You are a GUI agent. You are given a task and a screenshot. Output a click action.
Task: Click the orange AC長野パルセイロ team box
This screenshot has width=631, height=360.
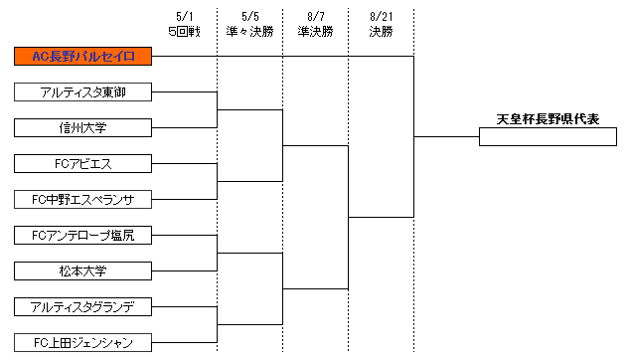pyautogui.click(x=82, y=56)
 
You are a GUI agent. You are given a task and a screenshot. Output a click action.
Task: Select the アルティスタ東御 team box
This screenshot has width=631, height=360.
pyautogui.click(x=82, y=91)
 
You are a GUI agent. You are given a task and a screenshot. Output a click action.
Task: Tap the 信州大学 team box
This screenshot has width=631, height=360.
pyautogui.click(x=82, y=127)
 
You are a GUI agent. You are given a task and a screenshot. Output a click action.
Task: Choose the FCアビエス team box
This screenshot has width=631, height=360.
pyautogui.click(x=82, y=163)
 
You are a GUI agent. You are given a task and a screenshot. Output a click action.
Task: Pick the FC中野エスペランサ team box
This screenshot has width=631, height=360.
pyautogui.click(x=82, y=199)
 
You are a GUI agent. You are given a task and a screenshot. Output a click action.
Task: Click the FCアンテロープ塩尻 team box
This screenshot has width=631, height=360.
pyautogui.click(x=82, y=235)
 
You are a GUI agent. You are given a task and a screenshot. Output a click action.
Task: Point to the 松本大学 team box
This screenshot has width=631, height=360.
pyautogui.click(x=82, y=270)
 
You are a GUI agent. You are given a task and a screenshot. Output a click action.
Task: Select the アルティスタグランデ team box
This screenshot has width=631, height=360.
pyautogui.click(x=82, y=306)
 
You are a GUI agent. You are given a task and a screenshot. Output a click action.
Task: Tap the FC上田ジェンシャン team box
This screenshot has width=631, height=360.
pyautogui.click(x=82, y=342)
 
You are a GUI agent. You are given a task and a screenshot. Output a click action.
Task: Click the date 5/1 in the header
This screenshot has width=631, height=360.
pyautogui.click(x=184, y=17)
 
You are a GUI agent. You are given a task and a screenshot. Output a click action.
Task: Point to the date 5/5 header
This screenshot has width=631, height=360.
pyautogui.click(x=249, y=17)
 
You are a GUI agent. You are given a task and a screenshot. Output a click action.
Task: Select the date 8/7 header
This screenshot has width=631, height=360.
pyautogui.click(x=315, y=17)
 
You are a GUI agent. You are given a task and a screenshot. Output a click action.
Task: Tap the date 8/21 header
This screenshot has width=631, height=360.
pyautogui.click(x=381, y=17)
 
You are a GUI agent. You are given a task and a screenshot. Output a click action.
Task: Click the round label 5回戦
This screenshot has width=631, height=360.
pyautogui.click(x=184, y=31)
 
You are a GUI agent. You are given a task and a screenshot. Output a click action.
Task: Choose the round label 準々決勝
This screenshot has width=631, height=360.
pyautogui.click(x=249, y=31)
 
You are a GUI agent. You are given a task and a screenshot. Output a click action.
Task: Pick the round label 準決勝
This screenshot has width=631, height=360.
pyautogui.click(x=315, y=31)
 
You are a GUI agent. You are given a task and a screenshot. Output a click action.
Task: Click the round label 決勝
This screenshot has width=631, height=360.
pyautogui.click(x=381, y=31)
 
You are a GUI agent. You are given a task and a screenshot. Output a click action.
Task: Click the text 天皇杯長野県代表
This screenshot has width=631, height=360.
pyautogui.click(x=548, y=119)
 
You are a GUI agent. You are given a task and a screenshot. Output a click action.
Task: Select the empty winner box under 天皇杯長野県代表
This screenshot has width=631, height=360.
pyautogui.click(x=548, y=137)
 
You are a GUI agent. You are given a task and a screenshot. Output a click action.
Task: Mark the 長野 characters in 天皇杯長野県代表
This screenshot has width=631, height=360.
pyautogui.click(x=548, y=119)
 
